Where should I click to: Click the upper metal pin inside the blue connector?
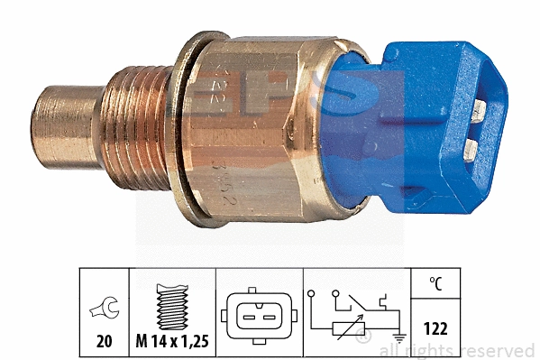point(479,109)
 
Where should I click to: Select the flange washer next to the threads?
point(190,131)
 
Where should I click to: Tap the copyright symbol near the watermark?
point(362,337)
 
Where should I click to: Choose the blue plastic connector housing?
point(433,126)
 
